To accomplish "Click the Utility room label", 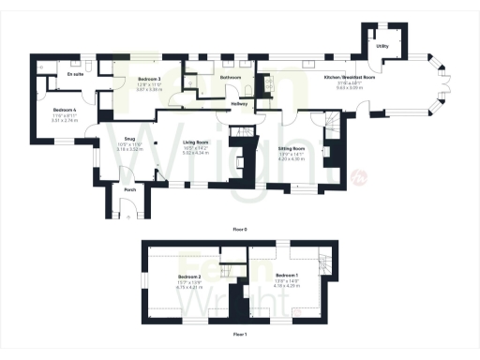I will click(382, 45).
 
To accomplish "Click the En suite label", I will click(76, 72).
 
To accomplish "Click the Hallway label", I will click(238, 103).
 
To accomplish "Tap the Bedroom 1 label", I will click(289, 275).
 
